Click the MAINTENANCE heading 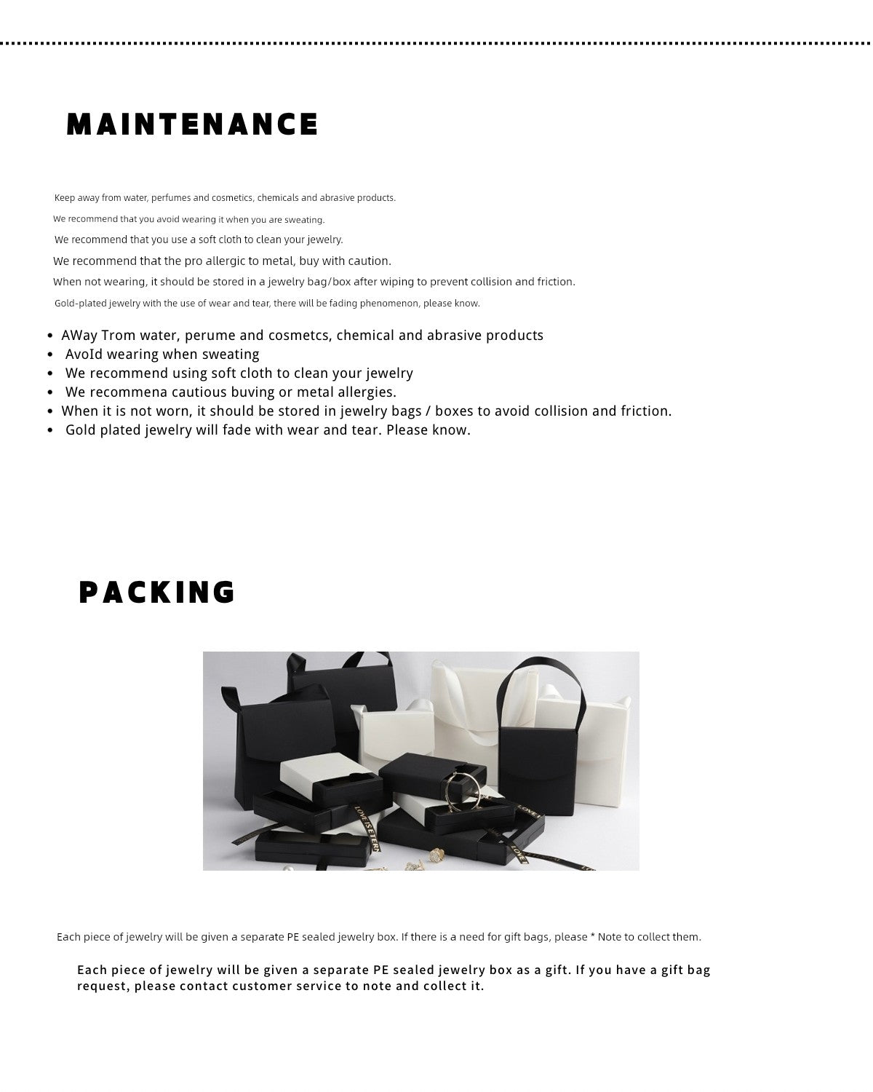193,124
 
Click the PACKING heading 157,593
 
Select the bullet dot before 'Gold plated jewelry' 50,430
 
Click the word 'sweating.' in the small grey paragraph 305,220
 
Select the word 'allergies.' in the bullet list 361,392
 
